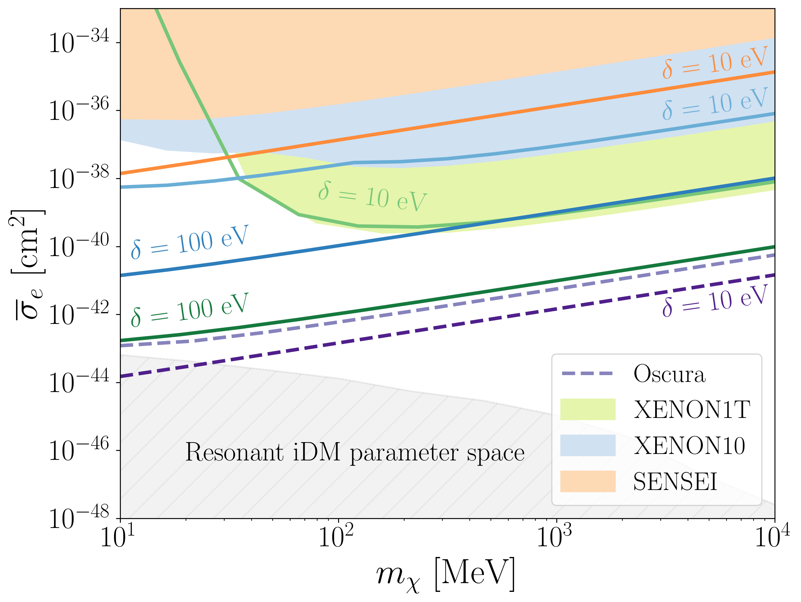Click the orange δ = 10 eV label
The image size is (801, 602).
click(715, 62)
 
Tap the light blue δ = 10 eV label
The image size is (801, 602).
click(715, 104)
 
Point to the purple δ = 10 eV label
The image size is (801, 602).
click(715, 301)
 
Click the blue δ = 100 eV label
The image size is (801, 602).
click(190, 242)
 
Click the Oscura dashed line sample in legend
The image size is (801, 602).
click(587, 373)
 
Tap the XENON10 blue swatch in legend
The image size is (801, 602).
click(588, 445)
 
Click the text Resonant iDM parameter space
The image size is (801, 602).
click(355, 453)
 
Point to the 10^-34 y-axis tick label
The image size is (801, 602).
click(79, 42)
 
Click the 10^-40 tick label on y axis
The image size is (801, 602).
click(79, 246)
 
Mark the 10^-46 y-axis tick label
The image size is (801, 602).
click(79, 450)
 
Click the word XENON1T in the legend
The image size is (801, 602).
click(692, 410)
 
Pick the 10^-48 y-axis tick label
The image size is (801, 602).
click(79, 518)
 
